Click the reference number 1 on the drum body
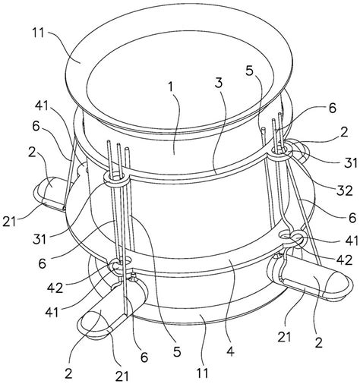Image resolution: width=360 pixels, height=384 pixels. click(x=172, y=87)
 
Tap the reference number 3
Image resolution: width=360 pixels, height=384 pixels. click(x=219, y=83)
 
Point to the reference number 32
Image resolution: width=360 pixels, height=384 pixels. click(x=345, y=191)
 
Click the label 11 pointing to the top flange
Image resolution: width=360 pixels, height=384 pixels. click(x=38, y=33)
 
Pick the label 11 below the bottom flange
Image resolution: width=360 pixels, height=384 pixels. click(x=202, y=373)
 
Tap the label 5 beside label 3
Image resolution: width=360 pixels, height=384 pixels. click(x=249, y=71)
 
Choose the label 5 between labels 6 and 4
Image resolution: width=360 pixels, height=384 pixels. click(x=177, y=352)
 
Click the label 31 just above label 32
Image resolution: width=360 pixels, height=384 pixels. click(x=351, y=163)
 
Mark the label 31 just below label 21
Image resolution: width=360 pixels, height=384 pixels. click(x=39, y=239)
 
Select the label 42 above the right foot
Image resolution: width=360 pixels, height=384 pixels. click(x=345, y=260)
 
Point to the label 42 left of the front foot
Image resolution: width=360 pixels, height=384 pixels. click(x=55, y=288)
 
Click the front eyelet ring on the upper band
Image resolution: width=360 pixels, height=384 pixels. click(x=115, y=180)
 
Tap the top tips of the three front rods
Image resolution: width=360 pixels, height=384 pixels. click(x=118, y=143)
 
